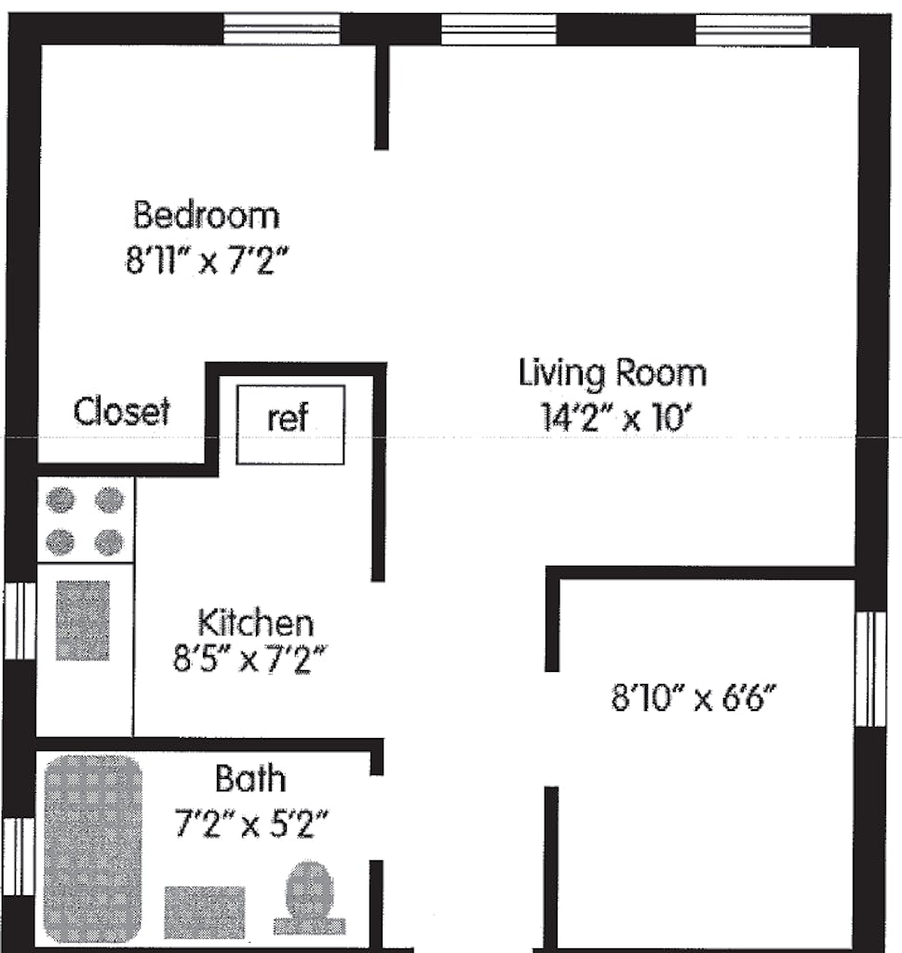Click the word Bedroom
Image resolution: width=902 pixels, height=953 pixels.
click(206, 215)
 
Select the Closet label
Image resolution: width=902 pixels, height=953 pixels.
click(122, 410)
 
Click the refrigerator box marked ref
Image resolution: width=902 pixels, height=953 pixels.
click(289, 423)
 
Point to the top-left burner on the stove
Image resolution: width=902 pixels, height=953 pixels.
click(61, 501)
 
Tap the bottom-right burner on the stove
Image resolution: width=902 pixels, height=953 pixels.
click(110, 541)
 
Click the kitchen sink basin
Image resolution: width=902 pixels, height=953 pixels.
click(82, 621)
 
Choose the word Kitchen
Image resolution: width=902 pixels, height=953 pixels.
click(255, 622)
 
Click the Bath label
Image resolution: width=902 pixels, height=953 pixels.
click(250, 777)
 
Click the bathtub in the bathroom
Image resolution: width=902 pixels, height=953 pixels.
click(92, 848)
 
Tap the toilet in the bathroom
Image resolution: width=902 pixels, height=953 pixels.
click(309, 898)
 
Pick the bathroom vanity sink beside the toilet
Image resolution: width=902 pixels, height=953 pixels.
click(205, 911)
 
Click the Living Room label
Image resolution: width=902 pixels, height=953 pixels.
click(612, 373)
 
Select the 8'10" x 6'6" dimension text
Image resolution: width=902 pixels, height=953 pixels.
click(693, 697)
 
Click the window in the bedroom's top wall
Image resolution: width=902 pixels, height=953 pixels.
click(283, 30)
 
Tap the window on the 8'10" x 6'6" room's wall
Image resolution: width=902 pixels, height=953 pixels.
click(870, 668)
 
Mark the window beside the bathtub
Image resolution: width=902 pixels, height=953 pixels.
click(18, 856)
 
